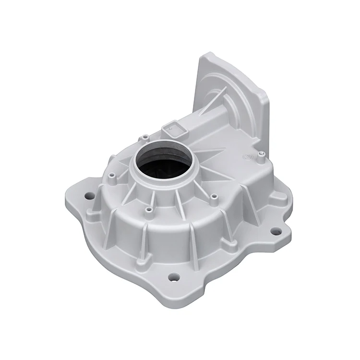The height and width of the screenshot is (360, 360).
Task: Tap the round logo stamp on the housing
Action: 248,157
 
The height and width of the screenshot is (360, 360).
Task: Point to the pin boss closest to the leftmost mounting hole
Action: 111,177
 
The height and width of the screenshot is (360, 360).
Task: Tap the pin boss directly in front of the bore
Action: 148,210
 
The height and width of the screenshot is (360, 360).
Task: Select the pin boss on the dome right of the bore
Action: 214,197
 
